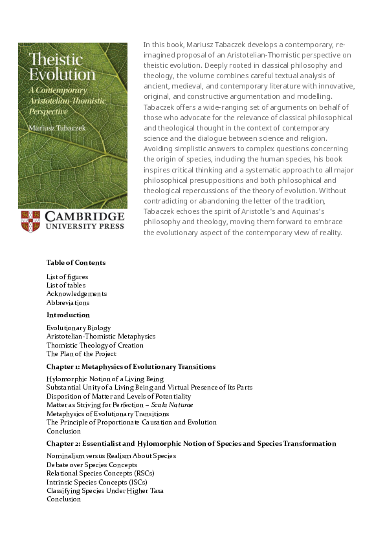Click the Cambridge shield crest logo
coord(30,222)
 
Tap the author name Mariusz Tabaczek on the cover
coord(57,128)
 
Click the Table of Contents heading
coord(76,263)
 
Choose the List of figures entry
coord(67,277)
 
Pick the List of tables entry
coord(66,285)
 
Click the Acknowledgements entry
coord(76,294)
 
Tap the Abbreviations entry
coord(68,302)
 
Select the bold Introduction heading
coord(68,315)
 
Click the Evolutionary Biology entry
coord(78,328)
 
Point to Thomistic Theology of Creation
coord(95,346)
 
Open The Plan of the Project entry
coord(82,354)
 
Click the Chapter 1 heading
coord(131,367)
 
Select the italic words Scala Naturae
coord(172,405)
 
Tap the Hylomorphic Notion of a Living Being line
coord(105,379)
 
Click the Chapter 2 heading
coord(191,444)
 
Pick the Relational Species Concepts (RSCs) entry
coord(100,473)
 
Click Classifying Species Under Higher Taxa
coord(105,490)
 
